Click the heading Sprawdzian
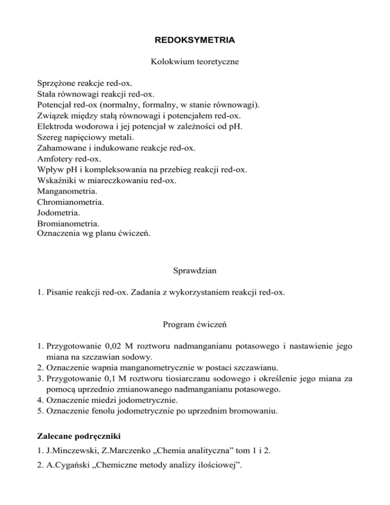tap(195, 271)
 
